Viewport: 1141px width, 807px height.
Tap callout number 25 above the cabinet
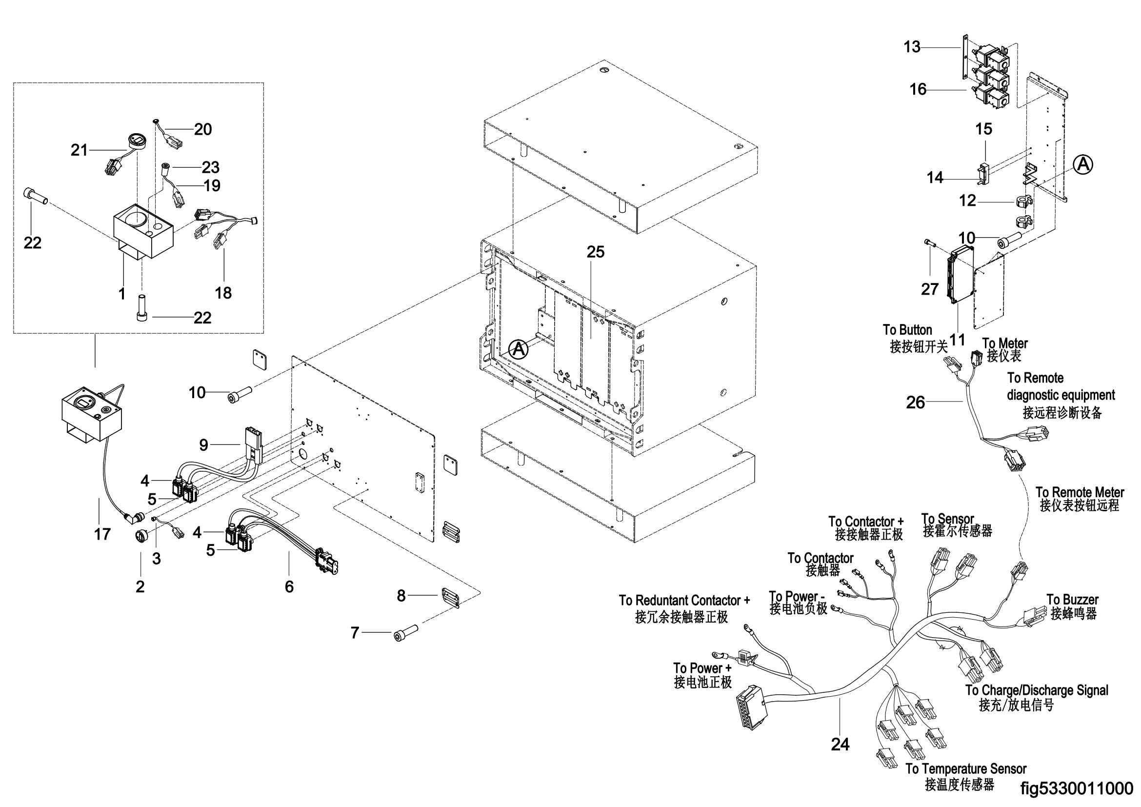(x=595, y=252)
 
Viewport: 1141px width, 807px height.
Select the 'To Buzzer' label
(x=1072, y=599)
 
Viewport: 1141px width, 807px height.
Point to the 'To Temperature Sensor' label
(x=965, y=769)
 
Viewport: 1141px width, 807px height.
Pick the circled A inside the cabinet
(x=519, y=349)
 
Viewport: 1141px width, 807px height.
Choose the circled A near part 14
(x=1082, y=164)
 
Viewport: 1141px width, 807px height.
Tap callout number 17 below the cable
(x=102, y=534)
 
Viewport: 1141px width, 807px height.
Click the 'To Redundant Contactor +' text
(x=684, y=600)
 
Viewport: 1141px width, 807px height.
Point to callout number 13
(x=912, y=47)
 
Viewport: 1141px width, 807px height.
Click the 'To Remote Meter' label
(x=1080, y=492)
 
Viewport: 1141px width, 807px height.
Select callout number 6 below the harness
(x=289, y=587)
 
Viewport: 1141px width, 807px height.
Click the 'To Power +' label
(x=702, y=667)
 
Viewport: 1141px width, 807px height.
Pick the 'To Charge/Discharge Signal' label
(x=1037, y=690)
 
